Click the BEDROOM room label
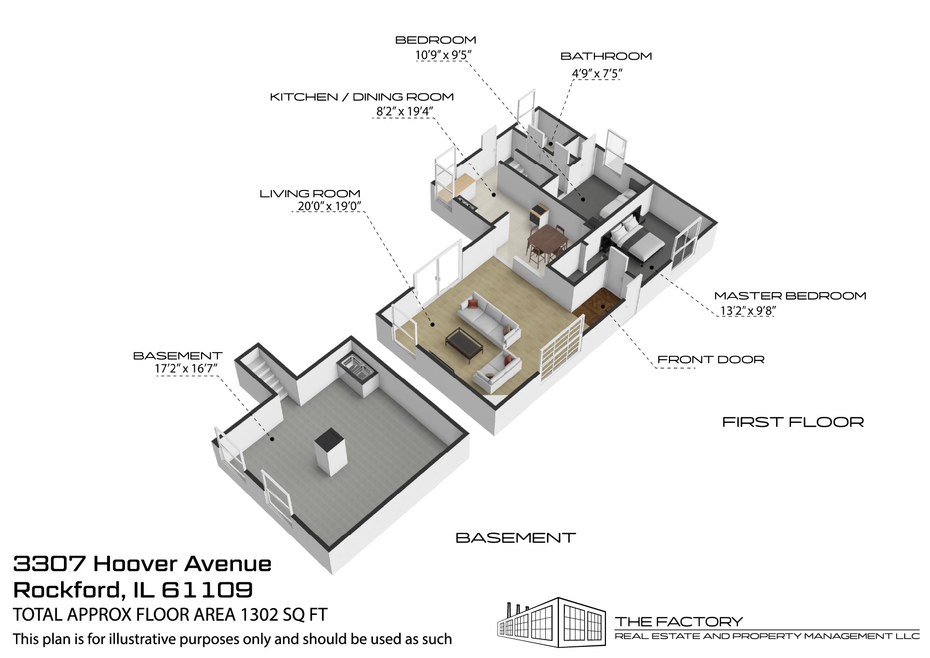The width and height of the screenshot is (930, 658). click(x=435, y=40)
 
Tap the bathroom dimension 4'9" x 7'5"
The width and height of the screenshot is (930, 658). click(x=597, y=74)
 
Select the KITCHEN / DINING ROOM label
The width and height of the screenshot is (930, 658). click(x=361, y=97)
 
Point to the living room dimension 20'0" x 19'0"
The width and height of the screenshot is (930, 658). click(x=329, y=206)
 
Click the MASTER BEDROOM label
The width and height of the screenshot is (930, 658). click(x=790, y=296)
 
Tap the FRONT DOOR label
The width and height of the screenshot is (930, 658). click(x=711, y=360)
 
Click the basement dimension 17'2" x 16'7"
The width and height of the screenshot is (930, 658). click(x=186, y=368)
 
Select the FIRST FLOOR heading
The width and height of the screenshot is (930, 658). click(x=793, y=422)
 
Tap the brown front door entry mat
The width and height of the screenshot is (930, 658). click(x=597, y=304)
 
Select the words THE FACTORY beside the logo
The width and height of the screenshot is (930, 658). click(x=678, y=621)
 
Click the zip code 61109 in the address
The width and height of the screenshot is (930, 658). click(x=207, y=590)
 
